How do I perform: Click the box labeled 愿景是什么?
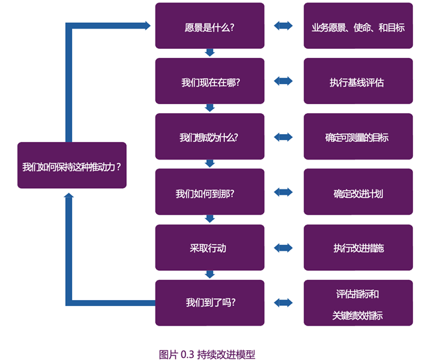coord(209,26)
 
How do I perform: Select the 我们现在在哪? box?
coord(209,81)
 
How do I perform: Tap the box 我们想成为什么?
coord(209,137)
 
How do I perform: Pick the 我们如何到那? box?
coord(209,193)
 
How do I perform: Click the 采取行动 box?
coord(209,248)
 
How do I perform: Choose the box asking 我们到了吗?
coord(209,303)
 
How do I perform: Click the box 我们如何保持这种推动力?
coord(72,165)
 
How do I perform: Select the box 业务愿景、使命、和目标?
coord(358,26)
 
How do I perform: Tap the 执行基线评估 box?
coord(358,81)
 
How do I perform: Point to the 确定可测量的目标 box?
coord(358,137)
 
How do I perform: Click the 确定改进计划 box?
coord(358,193)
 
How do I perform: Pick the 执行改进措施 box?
coord(358,248)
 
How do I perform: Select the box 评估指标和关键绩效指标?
coord(358,303)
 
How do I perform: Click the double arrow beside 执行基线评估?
coord(284,81)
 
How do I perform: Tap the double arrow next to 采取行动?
coord(284,248)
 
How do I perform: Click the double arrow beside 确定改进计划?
coord(284,193)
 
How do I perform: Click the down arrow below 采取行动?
coord(209,275)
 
